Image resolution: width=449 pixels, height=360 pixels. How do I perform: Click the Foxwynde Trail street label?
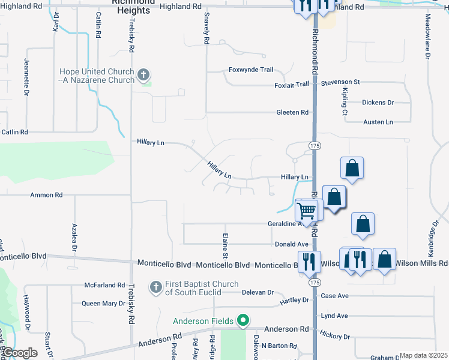251,70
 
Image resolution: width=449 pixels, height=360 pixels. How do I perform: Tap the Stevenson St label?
340,82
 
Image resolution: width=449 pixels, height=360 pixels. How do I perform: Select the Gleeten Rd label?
292,112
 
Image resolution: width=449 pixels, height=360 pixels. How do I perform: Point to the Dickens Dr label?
378,103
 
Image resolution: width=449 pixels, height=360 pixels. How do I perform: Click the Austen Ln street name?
378,122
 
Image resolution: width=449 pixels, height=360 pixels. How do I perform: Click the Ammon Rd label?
46,195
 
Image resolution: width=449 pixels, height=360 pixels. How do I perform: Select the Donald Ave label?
291,244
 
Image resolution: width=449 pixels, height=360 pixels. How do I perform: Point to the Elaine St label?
226,243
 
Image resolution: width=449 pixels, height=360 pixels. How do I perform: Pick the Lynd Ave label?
334,316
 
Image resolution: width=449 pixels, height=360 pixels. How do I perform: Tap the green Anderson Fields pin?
243,321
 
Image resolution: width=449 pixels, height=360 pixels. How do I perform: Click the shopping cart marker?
307,211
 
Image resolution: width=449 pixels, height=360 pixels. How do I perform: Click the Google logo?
20,353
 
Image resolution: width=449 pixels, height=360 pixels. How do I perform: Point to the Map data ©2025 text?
423,355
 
